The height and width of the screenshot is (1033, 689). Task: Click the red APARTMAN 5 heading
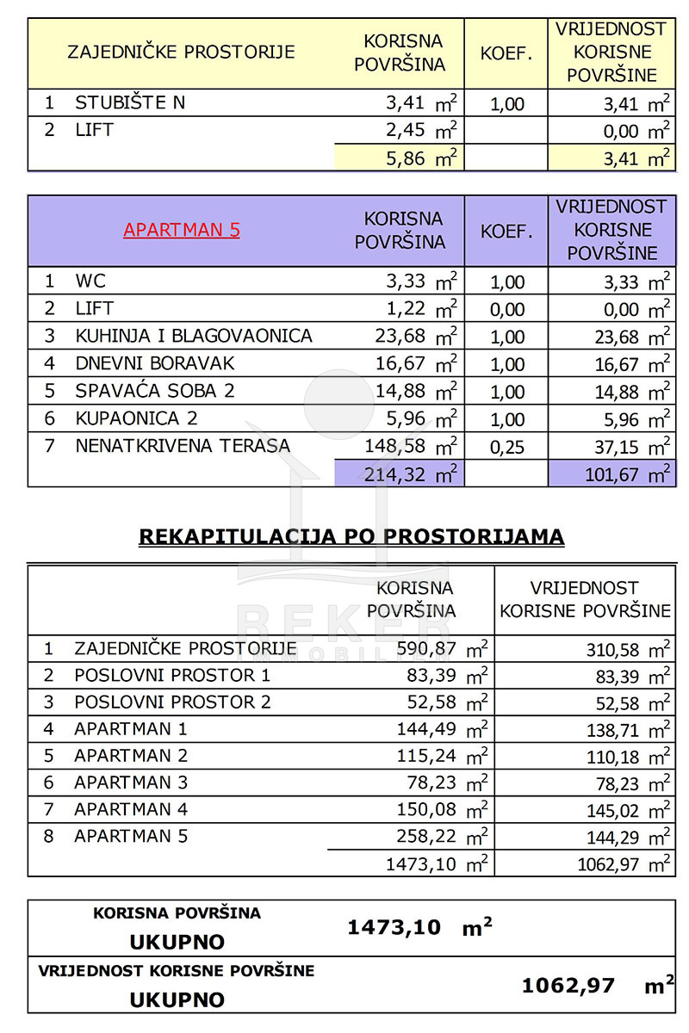coord(182,230)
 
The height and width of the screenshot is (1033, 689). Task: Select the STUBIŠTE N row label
coord(130,103)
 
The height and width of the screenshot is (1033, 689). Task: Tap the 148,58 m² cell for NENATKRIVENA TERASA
coord(416,447)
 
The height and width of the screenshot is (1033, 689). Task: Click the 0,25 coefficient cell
coord(506,447)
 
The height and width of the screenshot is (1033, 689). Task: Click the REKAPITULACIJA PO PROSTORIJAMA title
coord(351,537)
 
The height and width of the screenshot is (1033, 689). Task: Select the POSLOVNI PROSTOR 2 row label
coord(172,702)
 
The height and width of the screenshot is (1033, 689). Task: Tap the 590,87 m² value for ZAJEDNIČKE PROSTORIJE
coord(442,648)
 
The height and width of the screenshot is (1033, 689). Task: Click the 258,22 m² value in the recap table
coord(442,836)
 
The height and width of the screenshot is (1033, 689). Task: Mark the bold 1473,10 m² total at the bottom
coord(419,927)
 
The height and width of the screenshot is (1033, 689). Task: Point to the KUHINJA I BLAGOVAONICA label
coord(194,337)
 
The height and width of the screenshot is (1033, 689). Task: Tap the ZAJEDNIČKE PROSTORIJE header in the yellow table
coord(181,52)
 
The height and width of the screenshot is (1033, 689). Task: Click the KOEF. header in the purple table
coord(506,231)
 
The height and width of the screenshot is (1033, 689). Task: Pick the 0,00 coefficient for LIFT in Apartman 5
coord(506,309)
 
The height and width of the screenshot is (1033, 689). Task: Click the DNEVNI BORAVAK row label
coord(155,364)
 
